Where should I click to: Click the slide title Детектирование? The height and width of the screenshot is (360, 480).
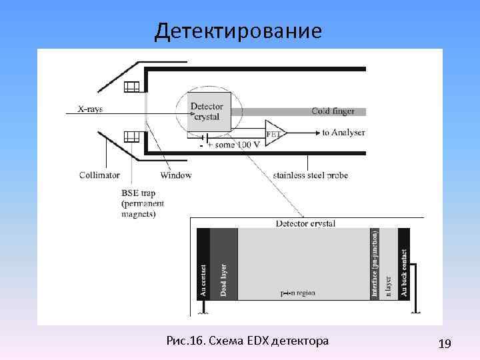(x=238, y=31)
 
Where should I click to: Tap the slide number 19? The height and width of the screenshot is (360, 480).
(x=445, y=343)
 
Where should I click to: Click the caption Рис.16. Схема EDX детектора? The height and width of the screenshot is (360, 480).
(x=249, y=341)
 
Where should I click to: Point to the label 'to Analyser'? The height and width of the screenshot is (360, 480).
(x=343, y=133)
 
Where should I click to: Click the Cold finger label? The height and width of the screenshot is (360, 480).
(x=333, y=111)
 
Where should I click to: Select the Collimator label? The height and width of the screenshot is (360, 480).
(x=99, y=175)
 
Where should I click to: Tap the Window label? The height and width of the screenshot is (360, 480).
(x=176, y=175)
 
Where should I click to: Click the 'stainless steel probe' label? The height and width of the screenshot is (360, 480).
(x=311, y=175)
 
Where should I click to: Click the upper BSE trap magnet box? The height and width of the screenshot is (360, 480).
(x=131, y=86)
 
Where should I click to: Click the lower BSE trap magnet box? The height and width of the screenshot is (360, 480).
(x=131, y=137)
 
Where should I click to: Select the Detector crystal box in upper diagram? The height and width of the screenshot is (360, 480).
(x=210, y=111)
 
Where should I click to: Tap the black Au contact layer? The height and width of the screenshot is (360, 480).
(x=203, y=263)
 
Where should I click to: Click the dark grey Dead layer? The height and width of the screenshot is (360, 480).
(x=224, y=263)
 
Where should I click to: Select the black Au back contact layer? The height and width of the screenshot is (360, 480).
(x=403, y=263)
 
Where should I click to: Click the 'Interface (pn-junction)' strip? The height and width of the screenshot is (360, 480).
(x=375, y=263)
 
